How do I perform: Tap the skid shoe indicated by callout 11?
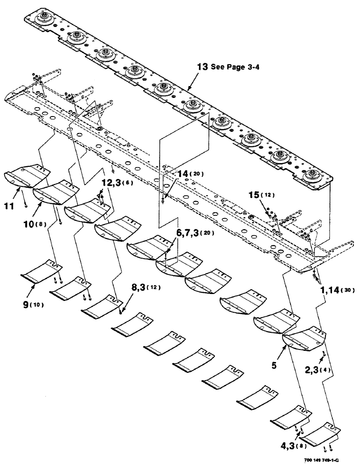pyautogui.click(x=27, y=176)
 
